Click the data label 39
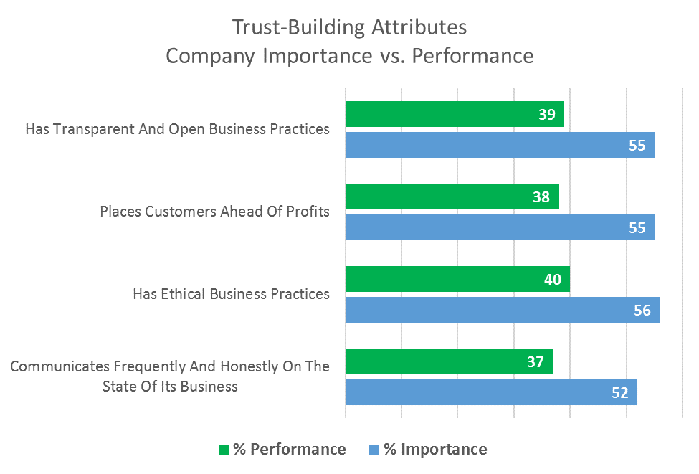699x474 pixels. point(546,114)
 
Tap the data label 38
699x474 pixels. point(541,196)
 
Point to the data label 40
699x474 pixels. point(552,279)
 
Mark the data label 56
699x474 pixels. point(642,310)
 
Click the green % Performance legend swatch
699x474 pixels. point(224,450)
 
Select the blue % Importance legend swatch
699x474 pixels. point(374,450)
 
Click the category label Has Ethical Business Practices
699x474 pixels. point(231,294)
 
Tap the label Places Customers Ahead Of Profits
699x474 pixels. point(214,212)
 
